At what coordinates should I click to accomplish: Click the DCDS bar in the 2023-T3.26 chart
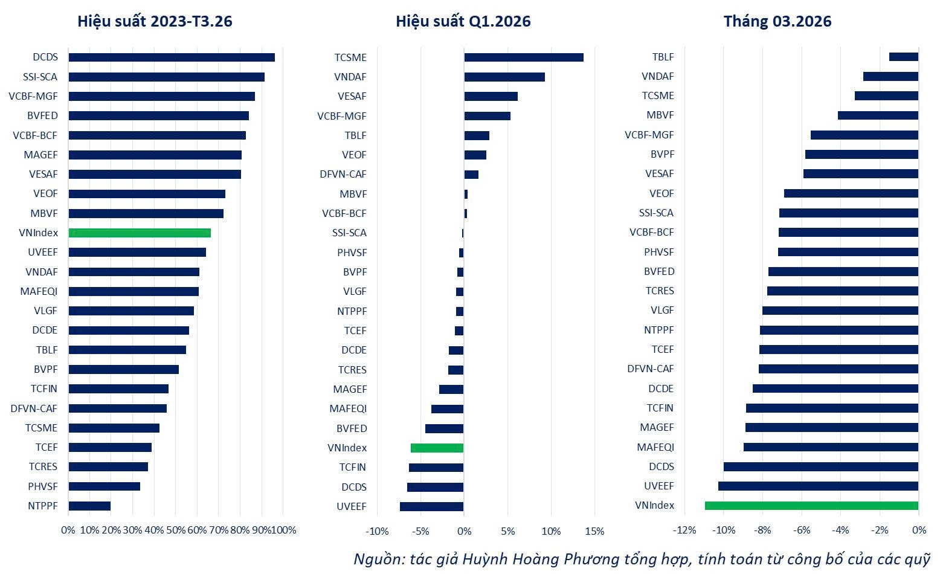[172, 57]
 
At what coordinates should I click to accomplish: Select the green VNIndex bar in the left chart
[140, 233]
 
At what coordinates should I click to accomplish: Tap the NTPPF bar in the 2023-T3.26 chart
[89, 506]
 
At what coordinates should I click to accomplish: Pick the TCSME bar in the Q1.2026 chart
[524, 57]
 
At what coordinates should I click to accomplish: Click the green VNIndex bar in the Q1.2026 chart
[437, 448]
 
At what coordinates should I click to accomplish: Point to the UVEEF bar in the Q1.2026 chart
[431, 507]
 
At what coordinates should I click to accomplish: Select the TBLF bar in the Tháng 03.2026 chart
[904, 57]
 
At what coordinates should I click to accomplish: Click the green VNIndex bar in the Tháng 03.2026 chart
[811, 506]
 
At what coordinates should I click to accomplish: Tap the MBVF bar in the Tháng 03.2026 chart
[878, 115]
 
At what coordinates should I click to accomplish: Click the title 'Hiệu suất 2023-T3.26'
[155, 21]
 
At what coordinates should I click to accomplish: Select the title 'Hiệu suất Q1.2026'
[463, 21]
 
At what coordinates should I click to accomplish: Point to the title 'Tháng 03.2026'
[777, 21]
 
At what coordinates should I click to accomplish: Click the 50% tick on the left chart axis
[176, 530]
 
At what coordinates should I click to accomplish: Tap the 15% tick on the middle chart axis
[595, 532]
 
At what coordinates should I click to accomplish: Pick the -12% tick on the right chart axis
[684, 530]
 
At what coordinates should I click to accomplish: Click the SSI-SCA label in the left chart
[40, 77]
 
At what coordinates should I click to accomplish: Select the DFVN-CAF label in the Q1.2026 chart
[343, 175]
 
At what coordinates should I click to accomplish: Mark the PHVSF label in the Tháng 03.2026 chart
[659, 252]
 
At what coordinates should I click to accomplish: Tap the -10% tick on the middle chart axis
[377, 532]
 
